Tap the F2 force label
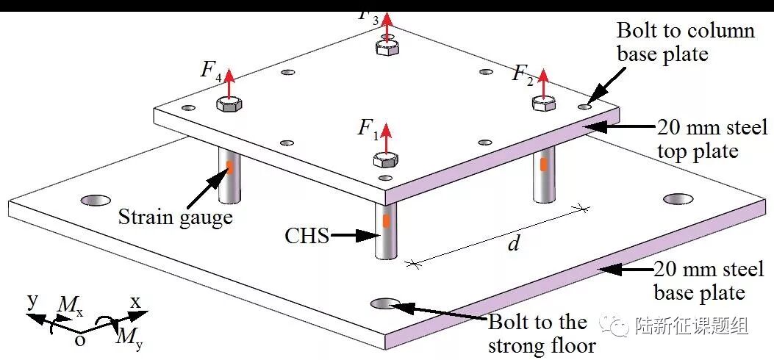tap(523, 74)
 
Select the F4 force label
tap(211, 71)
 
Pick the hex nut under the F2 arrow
tap(543, 104)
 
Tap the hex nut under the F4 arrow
tap(229, 104)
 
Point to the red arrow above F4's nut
tap(229, 82)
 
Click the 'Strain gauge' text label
tap(175, 217)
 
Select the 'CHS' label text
tap(307, 236)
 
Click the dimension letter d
tap(514, 244)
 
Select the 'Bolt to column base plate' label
tap(684, 42)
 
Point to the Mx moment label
tap(71, 306)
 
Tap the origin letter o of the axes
tap(80, 340)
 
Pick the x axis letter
tap(135, 302)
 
